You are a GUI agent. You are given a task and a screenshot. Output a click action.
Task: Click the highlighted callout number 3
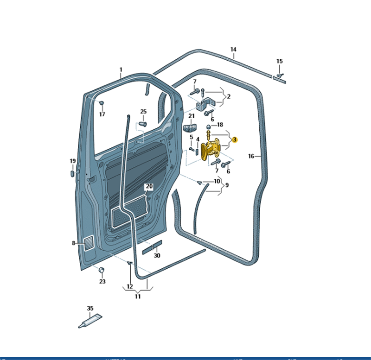(235, 139)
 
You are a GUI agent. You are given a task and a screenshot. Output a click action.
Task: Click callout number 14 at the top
(233, 50)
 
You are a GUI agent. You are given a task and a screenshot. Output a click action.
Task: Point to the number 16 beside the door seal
(251, 156)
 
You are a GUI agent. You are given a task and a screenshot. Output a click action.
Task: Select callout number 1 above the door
(121, 70)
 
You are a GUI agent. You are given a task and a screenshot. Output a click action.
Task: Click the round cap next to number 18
(210, 126)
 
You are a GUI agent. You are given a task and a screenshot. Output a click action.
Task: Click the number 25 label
(143, 112)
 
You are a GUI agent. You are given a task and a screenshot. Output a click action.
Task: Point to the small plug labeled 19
(73, 173)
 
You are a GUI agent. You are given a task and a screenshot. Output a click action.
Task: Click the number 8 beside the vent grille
(73, 243)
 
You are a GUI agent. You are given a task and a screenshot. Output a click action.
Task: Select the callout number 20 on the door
(148, 187)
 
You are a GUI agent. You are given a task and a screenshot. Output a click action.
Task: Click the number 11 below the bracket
(138, 297)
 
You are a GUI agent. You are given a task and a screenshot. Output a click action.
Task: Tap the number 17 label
(102, 114)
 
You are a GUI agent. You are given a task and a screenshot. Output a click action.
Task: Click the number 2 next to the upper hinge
(229, 96)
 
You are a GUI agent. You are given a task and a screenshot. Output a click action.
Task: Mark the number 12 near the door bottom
(130, 286)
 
